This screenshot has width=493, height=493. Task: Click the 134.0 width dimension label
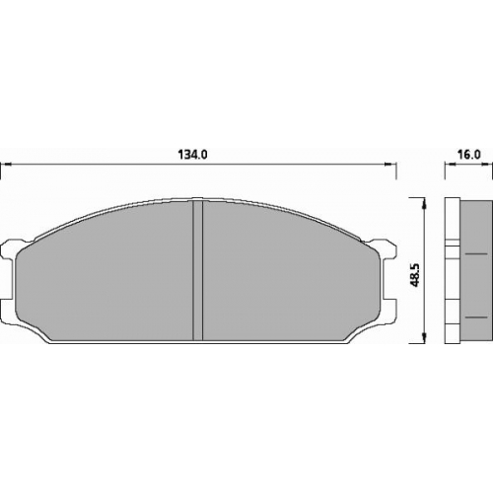[192, 155]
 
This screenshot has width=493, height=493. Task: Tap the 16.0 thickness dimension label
[469, 155]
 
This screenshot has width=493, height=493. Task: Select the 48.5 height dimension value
[416, 274]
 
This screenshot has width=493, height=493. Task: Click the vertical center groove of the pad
[197, 270]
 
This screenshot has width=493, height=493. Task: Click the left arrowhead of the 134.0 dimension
[6, 164]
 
